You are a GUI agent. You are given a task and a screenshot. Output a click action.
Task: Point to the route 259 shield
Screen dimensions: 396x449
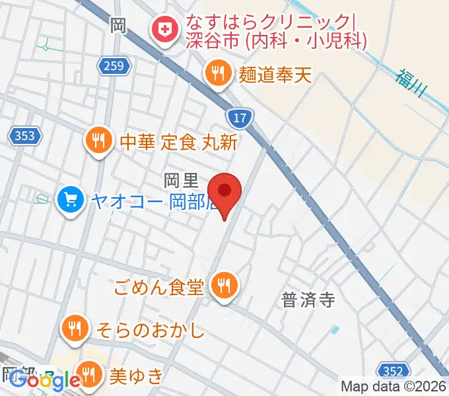117,65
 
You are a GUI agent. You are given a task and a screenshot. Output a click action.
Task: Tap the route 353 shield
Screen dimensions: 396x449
25,136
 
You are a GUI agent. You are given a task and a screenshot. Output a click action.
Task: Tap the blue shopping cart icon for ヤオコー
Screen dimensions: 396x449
70,199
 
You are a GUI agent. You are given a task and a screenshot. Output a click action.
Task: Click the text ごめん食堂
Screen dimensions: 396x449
160,286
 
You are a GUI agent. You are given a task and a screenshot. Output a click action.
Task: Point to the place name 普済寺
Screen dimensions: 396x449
308,300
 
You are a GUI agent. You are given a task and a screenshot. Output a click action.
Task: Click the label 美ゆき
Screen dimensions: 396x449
135,376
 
